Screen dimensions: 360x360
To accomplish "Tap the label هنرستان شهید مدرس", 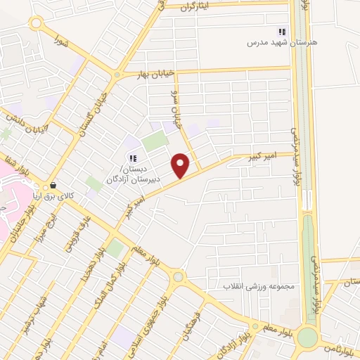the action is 281,42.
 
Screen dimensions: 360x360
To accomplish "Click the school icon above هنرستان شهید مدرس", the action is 282,31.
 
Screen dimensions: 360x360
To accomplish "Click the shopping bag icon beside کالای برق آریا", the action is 53,186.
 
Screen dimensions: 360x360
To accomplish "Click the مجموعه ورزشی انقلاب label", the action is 257,286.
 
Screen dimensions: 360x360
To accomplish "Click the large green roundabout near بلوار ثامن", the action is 307,337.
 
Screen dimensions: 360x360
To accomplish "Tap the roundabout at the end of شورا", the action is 35,24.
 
